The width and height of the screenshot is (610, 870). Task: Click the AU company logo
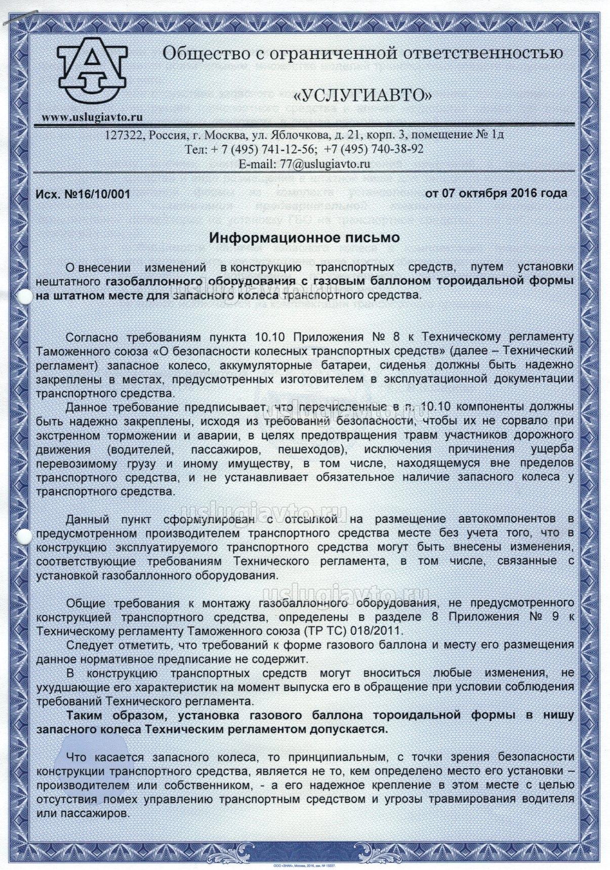coord(92,70)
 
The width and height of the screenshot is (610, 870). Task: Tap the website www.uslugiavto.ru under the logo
coord(92,117)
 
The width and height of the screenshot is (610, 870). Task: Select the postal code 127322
coord(123,135)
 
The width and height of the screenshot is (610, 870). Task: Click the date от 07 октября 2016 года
coord(496,193)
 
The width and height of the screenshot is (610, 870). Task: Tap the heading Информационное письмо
coord(305,237)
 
